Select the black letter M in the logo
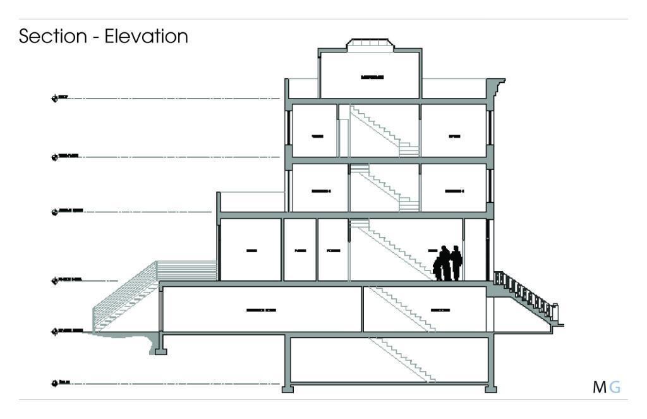tap(599, 387)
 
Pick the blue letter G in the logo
tap(615, 387)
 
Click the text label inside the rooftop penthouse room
tap(372, 77)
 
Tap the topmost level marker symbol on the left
tap(54, 98)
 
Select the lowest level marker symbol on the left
tap(54, 383)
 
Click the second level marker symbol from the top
tap(54, 156)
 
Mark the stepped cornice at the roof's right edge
tap(498, 85)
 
